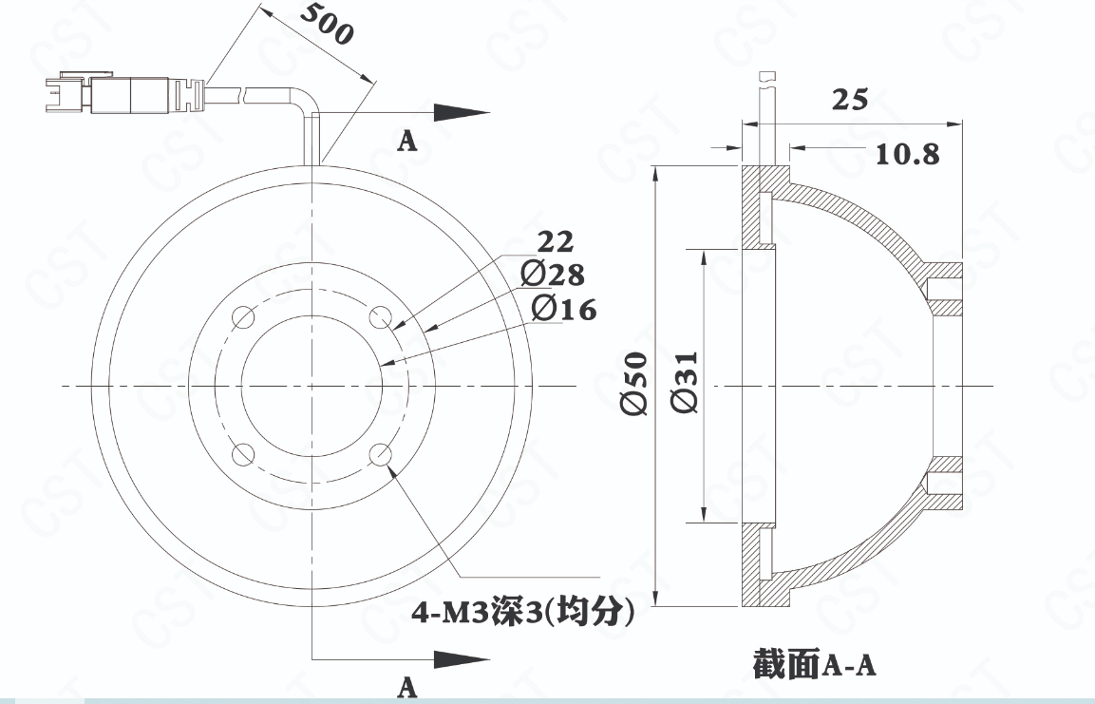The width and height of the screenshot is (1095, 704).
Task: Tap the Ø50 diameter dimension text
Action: point(634,384)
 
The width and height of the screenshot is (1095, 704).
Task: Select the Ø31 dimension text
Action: point(685,382)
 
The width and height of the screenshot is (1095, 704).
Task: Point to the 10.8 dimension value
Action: point(908,154)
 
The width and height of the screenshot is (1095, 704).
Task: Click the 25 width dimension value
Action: point(850,100)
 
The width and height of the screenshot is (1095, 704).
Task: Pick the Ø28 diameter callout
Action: point(553,274)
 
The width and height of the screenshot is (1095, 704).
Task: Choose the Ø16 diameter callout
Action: point(564,308)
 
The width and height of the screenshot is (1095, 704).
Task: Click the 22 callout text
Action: point(556,241)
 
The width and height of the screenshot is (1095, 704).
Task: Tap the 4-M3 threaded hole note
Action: point(523,613)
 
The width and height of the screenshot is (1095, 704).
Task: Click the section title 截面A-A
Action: point(814,663)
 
